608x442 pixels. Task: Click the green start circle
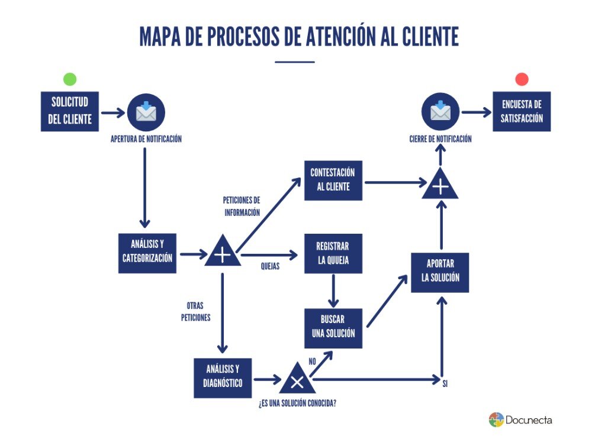click(70, 79)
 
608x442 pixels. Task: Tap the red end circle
click(522, 79)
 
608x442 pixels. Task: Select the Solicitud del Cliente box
click(70, 111)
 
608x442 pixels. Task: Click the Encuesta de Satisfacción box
click(522, 111)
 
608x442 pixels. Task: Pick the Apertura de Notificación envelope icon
click(146, 112)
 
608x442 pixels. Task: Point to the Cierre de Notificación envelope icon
click(440, 112)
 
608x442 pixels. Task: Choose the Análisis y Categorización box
click(147, 253)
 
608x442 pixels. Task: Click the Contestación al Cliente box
click(333, 180)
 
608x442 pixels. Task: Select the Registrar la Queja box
click(333, 253)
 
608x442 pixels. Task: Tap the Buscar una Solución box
click(333, 328)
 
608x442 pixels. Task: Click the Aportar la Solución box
click(440, 272)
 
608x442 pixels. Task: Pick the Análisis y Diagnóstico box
click(223, 378)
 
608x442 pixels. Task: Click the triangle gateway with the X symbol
click(297, 380)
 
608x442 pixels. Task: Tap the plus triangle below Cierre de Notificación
click(440, 185)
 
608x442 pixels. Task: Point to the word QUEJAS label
click(270, 266)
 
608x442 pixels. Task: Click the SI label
click(445, 384)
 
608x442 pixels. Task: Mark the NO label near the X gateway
click(312, 361)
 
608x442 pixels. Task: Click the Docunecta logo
click(520, 420)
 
